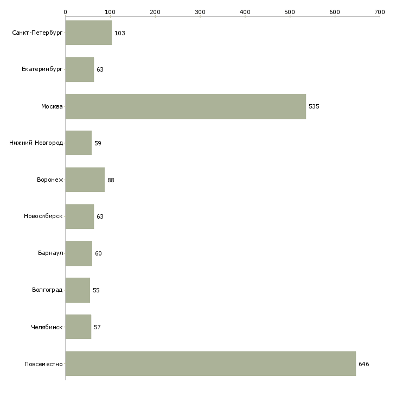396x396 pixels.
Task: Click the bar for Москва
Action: coord(186,106)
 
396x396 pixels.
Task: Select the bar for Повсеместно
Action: coord(210,363)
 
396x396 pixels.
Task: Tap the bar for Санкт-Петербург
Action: coord(88,33)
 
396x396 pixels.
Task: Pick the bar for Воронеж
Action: coord(85,180)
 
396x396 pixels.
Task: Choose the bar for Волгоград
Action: coord(78,290)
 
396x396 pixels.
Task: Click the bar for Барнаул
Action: coord(79,253)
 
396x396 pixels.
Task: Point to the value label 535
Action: coord(314,106)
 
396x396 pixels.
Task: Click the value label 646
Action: coord(364,363)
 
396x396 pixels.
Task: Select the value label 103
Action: coord(120,33)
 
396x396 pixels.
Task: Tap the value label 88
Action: coord(111,180)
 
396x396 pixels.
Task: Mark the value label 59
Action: coord(98,143)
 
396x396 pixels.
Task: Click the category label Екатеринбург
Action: coord(42,70)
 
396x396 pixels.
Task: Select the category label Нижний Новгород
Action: coord(36,143)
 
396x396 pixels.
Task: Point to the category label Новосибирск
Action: coord(43,216)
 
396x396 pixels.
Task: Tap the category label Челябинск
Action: coord(47,327)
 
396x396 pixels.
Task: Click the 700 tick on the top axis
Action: coord(380,11)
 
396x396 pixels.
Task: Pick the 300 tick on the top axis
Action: coord(200,11)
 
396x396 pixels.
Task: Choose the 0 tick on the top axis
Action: coord(65,11)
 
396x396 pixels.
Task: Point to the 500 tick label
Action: coord(290,11)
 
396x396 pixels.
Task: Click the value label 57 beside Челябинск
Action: coord(97,327)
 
